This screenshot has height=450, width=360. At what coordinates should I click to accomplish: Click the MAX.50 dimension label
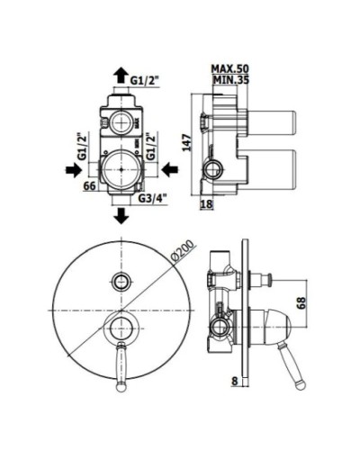[230, 68]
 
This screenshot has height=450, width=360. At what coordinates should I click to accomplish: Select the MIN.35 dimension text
[230, 80]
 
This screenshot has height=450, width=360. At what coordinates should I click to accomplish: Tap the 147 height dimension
[188, 142]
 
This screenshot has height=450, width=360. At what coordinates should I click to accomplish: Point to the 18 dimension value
[206, 204]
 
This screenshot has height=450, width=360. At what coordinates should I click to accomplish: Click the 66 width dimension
[89, 185]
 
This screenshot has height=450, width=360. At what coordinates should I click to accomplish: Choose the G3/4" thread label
[152, 198]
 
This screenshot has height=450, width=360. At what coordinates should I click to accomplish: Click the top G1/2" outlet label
[144, 80]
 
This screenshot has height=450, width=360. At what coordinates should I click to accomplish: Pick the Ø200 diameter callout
[183, 251]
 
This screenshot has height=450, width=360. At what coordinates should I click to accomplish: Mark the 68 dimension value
[302, 302]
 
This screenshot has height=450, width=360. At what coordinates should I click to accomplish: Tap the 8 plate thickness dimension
[235, 381]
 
